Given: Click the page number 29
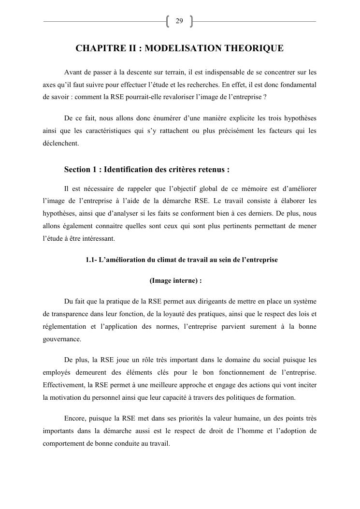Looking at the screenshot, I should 179,21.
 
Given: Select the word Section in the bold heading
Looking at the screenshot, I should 77,170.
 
